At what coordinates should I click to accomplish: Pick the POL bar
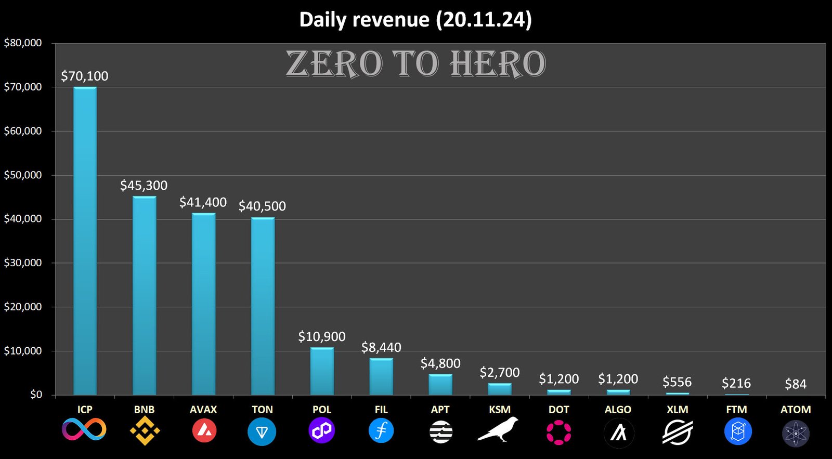[322, 371]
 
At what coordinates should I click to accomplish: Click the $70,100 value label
[85, 76]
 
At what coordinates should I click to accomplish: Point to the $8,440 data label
[381, 347]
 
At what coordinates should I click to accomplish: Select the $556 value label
[677, 382]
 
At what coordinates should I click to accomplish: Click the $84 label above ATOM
[796, 384]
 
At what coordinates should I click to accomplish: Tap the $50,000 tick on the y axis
[23, 175]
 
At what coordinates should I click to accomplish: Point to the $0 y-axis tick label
[36, 395]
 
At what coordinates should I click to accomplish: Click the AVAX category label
[203, 410]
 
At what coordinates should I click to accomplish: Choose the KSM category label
[500, 410]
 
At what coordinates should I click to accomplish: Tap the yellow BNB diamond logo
[145, 431]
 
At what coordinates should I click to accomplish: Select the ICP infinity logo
[84, 430]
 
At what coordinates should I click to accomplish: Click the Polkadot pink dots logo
[559, 432]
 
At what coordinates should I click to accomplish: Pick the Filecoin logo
[381, 431]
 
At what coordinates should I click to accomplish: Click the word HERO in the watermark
[498, 64]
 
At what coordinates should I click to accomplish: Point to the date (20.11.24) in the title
[484, 20]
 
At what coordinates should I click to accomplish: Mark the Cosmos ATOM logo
[796, 433]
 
